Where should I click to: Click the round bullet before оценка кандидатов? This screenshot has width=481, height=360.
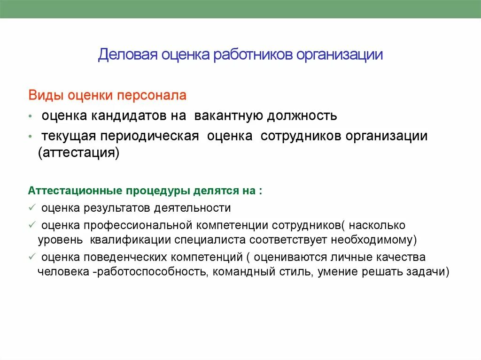[31, 116]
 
